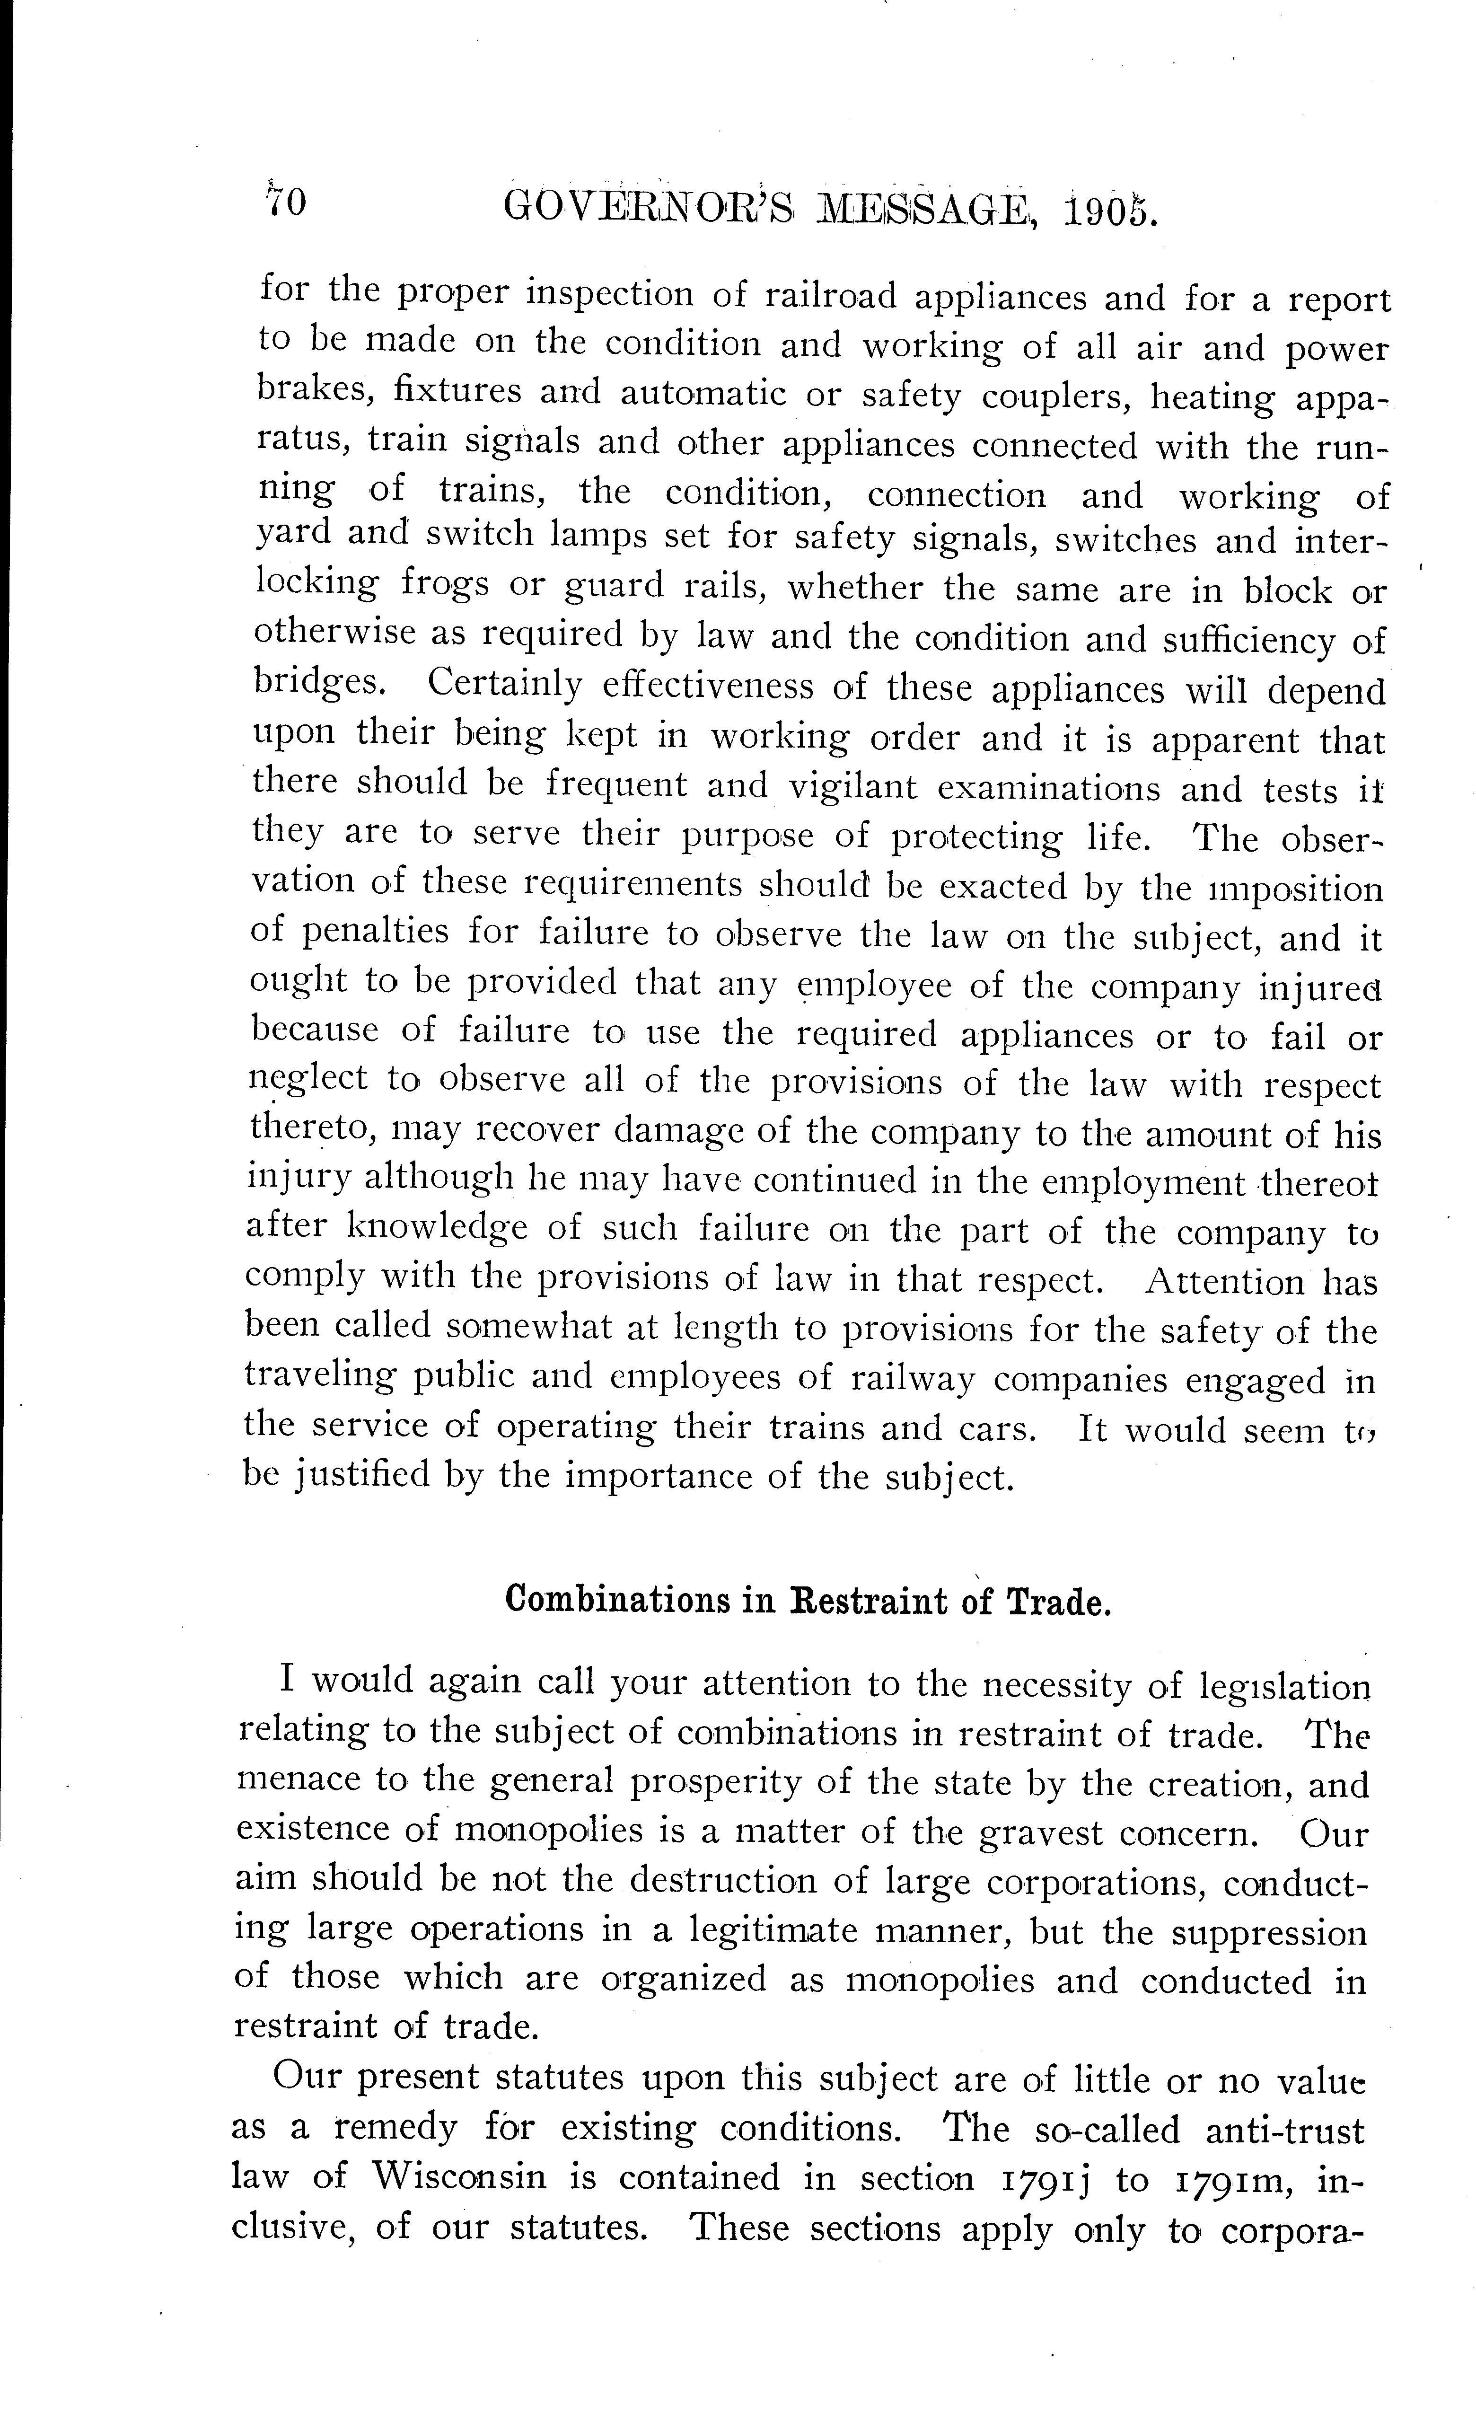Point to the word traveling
[x=319, y=1376]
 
